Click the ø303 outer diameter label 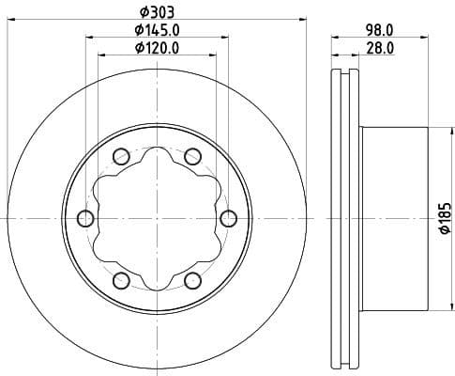point(156,10)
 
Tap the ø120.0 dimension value point(156,47)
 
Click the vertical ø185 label point(445,219)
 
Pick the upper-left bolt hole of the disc point(120,156)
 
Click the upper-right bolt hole point(192,156)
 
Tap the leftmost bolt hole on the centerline point(84,219)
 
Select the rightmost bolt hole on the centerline point(228,219)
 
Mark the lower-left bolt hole point(120,281)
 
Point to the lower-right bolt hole point(192,281)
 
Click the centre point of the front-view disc point(156,219)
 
